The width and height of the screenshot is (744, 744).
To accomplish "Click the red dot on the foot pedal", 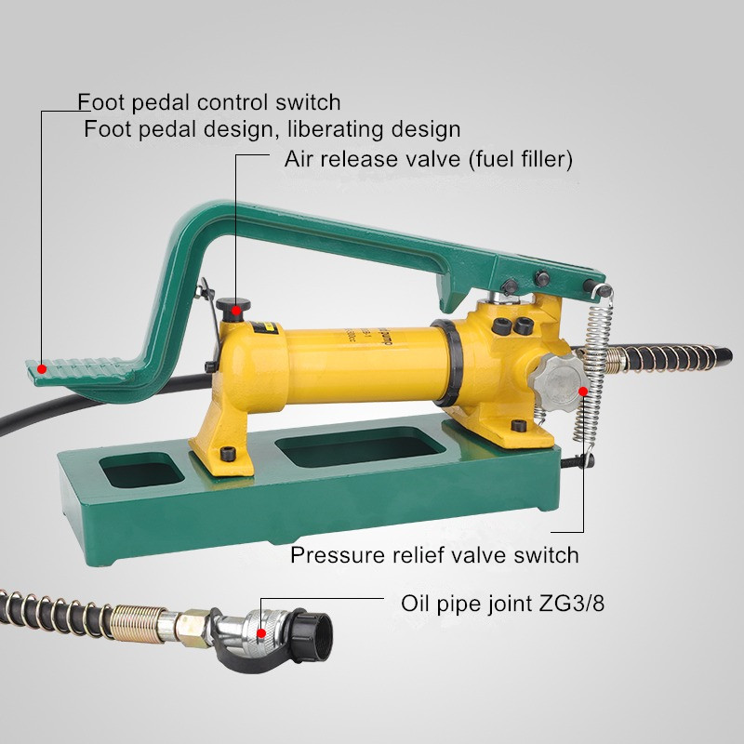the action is (x=42, y=368).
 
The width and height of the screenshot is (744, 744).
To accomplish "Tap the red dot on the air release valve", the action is (x=236, y=311).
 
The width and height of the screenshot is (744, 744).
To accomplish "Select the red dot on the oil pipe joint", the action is (x=261, y=633).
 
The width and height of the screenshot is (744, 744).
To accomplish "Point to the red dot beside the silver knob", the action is (x=583, y=391).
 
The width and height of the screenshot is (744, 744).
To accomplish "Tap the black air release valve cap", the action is (x=233, y=305).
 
